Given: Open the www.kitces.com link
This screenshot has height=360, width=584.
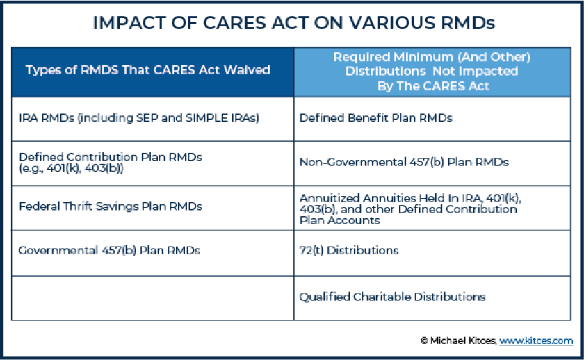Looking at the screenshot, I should point(536,341).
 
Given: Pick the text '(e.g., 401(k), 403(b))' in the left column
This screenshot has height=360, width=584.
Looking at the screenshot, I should point(71,167).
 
